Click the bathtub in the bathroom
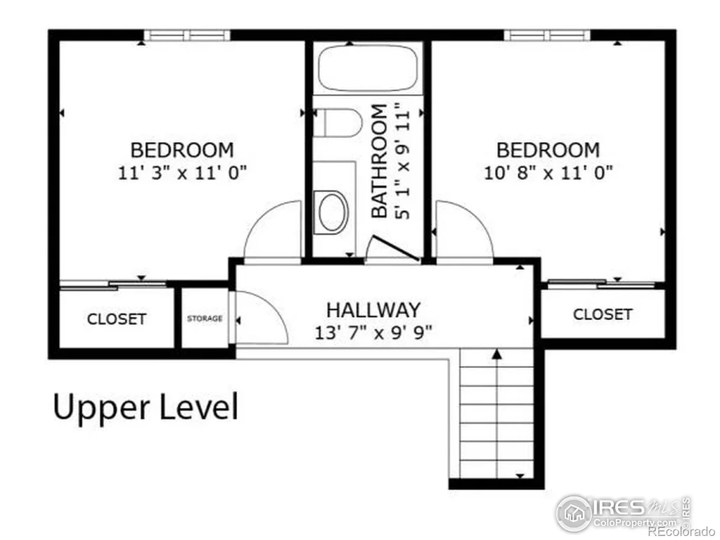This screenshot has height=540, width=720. tap(368, 68)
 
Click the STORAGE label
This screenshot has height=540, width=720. tap(205, 319)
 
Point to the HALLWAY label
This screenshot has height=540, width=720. tap(373, 310)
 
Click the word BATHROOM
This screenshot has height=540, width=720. tap(379, 161)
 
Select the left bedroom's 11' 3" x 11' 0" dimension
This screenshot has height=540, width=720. tap(182, 173)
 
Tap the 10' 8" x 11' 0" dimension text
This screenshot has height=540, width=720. tap(548, 173)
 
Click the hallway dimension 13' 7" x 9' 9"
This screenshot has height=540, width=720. tap(373, 333)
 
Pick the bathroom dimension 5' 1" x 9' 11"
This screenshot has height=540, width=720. tap(401, 161)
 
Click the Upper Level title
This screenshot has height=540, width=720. tap(146, 408)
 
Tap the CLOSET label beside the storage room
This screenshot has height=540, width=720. tap(117, 319)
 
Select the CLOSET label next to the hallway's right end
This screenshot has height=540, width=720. tap(603, 314)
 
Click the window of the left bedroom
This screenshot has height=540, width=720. tap(187, 35)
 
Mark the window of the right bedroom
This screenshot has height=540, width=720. tap(547, 35)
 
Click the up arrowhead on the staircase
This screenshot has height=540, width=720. tap(496, 354)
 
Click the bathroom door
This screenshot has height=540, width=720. tap(396, 248)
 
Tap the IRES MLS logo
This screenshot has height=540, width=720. tap(623, 513)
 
